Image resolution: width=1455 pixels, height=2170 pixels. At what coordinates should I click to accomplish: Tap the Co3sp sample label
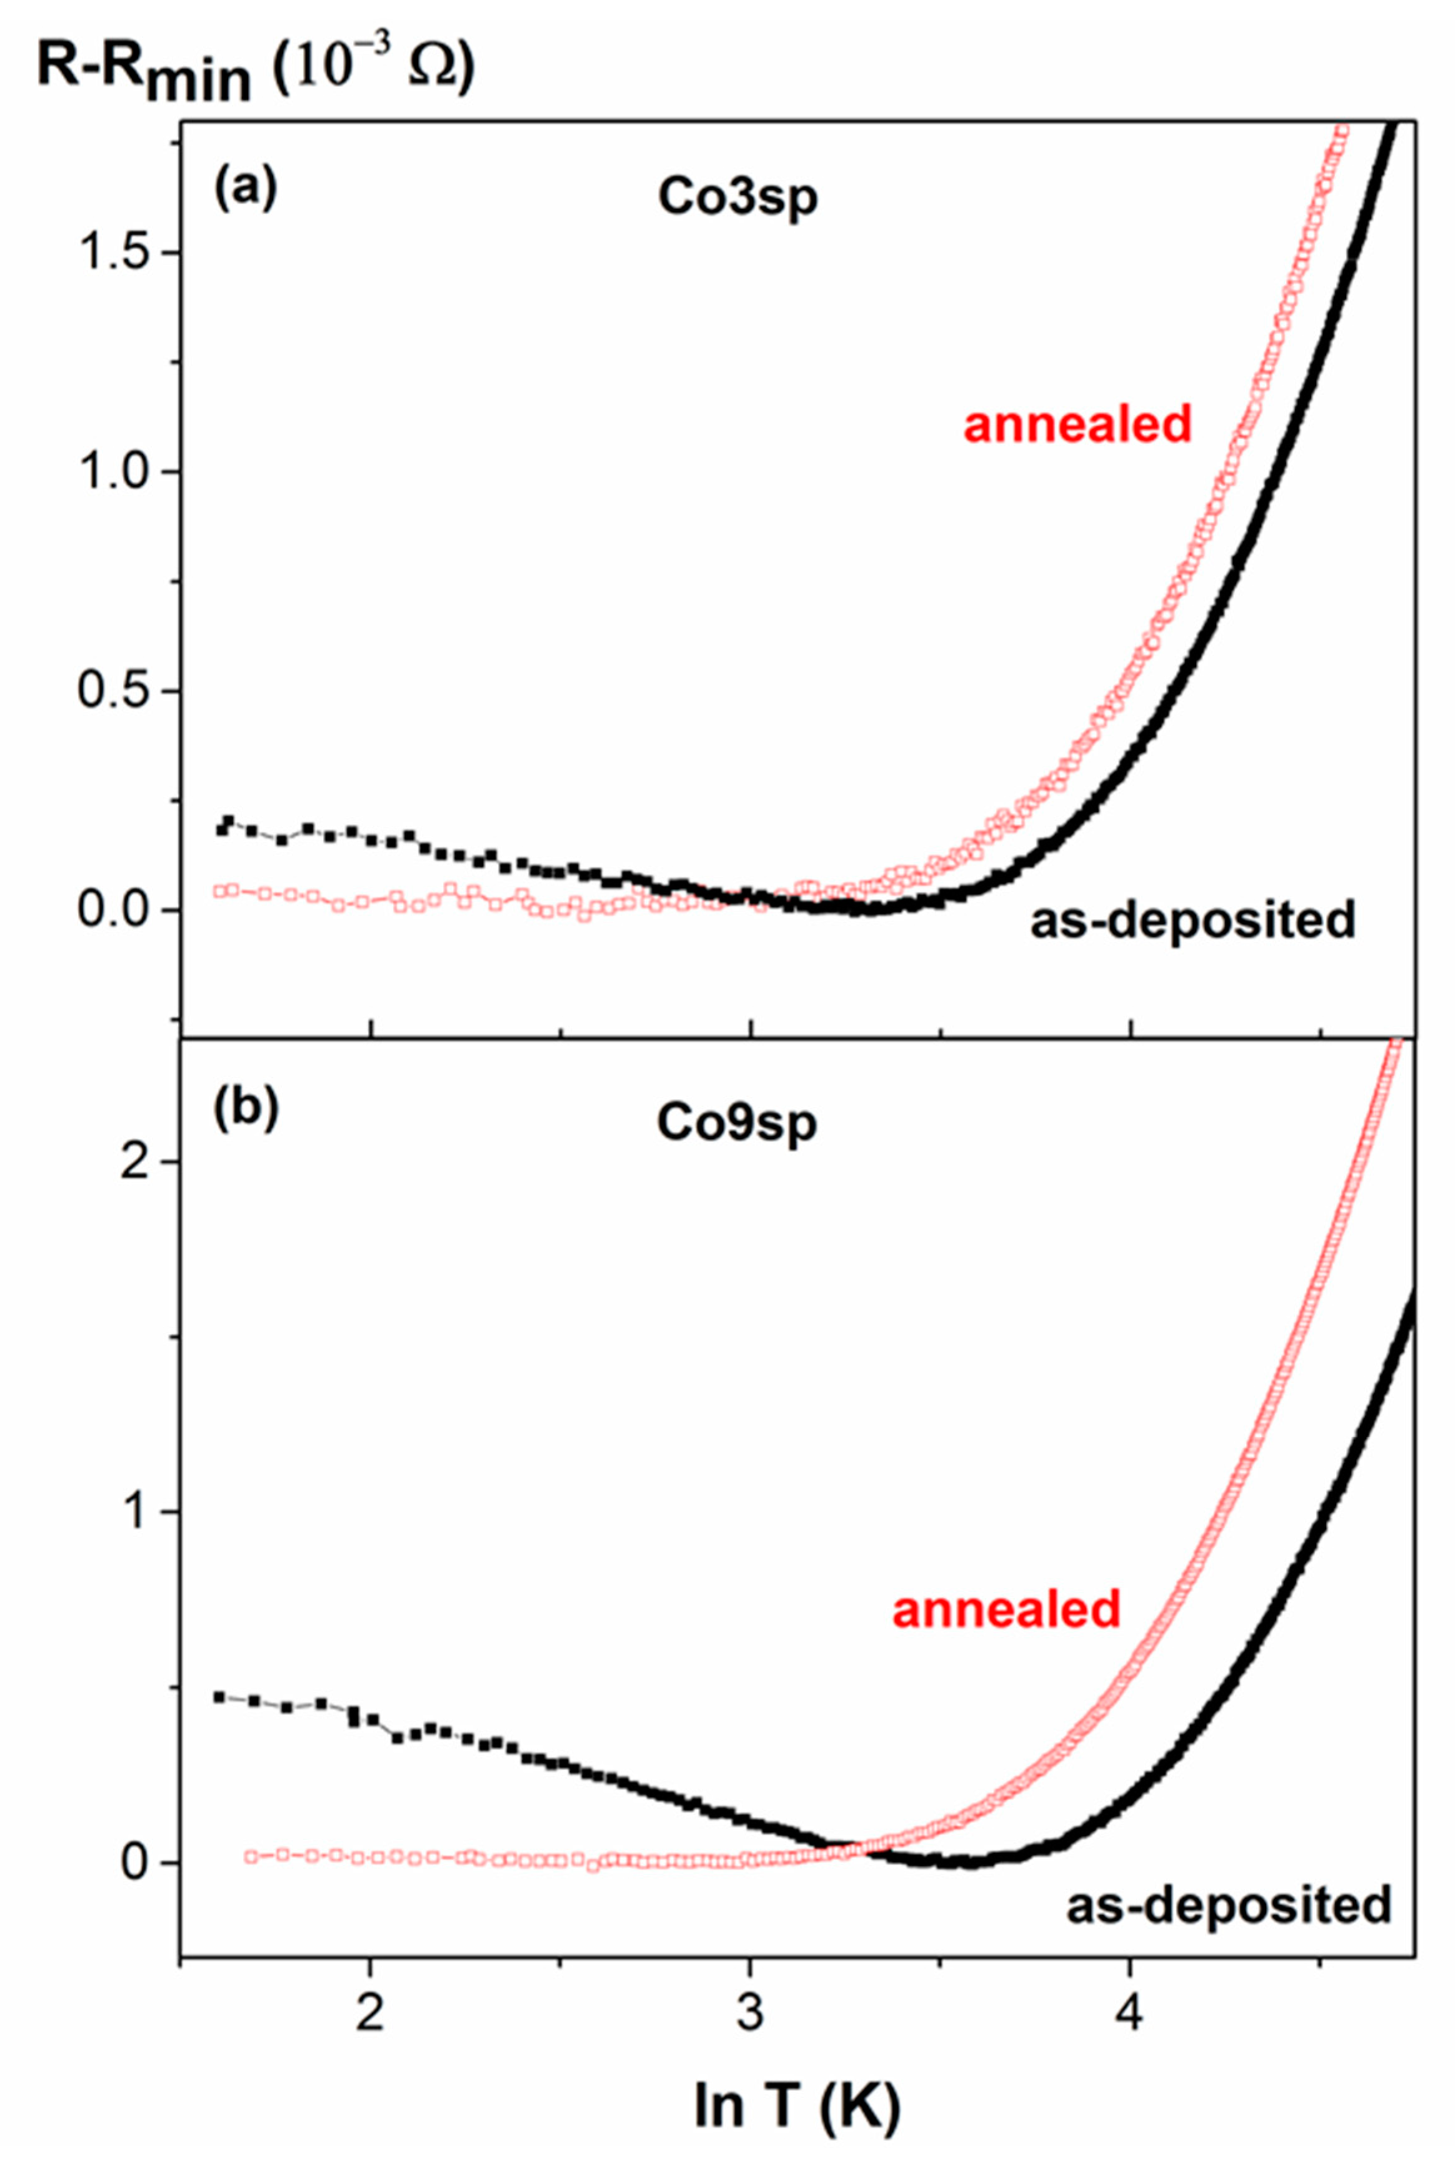(737, 197)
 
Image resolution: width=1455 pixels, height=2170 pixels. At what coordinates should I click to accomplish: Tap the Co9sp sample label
(737, 1122)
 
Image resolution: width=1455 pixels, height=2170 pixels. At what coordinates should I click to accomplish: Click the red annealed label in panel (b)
(1007, 1609)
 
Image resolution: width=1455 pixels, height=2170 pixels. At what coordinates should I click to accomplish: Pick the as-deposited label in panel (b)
(1229, 1906)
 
